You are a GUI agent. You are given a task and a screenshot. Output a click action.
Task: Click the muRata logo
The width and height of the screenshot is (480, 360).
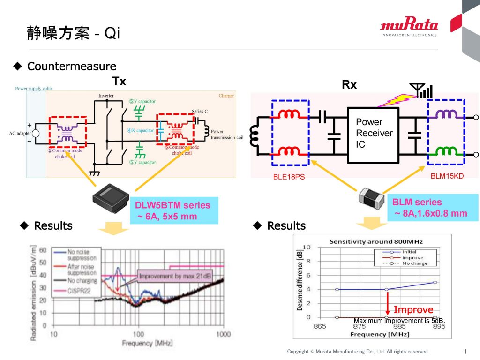click(x=409, y=26)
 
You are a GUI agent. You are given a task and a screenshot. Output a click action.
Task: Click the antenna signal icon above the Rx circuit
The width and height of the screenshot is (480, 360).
click(x=421, y=90)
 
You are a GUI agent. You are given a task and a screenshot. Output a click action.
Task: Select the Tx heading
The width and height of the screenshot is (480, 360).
click(x=120, y=81)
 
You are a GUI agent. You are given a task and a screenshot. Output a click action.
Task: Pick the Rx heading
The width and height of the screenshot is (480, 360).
click(x=349, y=85)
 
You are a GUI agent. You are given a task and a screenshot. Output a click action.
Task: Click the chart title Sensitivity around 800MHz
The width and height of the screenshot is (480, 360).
click(x=370, y=241)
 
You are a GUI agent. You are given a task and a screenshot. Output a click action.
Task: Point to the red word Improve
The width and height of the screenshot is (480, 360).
click(x=413, y=310)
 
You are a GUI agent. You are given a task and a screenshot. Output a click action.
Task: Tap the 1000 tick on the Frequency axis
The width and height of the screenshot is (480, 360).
click(x=223, y=334)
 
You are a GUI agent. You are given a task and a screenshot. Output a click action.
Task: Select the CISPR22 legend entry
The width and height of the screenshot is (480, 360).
click(x=82, y=291)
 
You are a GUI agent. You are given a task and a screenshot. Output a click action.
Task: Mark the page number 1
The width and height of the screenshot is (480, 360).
click(x=465, y=352)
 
